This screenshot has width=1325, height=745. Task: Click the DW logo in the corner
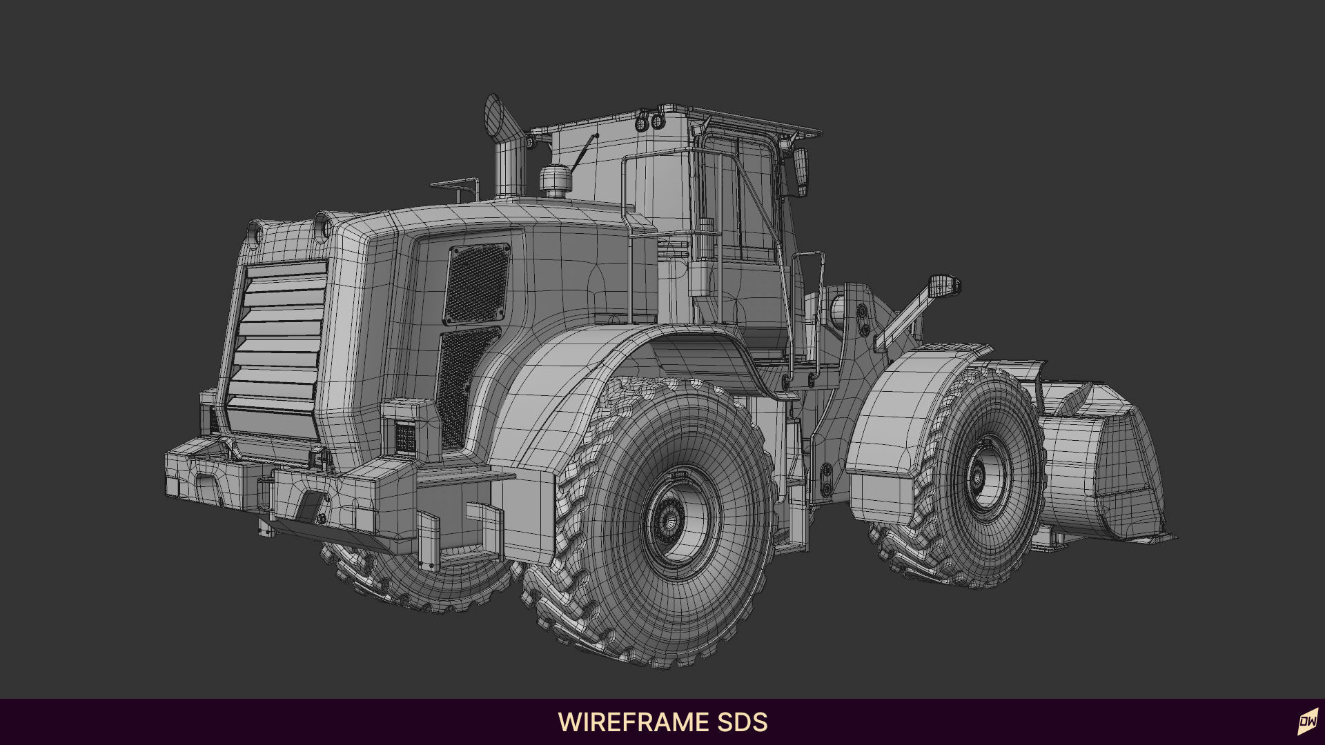coord(1307,722)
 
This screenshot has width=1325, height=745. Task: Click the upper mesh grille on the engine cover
coord(476,284)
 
